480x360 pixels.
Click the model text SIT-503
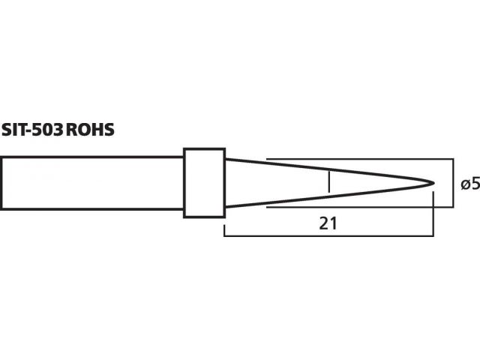coord(31,130)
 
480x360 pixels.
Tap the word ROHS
coord(90,130)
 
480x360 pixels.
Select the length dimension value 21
coord(328,223)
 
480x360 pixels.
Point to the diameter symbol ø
coord(466,184)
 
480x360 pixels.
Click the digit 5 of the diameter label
coord(475,184)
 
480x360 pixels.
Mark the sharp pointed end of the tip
coord(433,183)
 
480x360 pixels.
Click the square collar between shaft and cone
coord(205,183)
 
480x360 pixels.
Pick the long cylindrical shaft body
coord(92,183)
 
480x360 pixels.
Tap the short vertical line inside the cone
coord(329,181)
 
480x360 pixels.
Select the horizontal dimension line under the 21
coord(328,236)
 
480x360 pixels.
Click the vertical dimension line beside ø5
coord(453,183)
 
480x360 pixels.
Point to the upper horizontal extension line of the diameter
coord(360,159)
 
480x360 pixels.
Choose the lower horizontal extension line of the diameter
coord(360,207)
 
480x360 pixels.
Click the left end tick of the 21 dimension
coord(224,231)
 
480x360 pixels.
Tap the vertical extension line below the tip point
coord(433,214)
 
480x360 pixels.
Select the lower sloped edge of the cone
coord(329,196)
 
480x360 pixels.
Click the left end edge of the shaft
coord(1,183)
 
